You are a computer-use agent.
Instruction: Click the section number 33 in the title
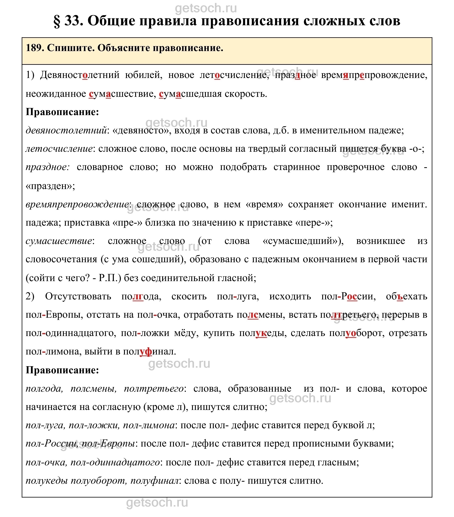click(x=74, y=21)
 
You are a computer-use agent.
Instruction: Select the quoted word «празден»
click(x=50, y=186)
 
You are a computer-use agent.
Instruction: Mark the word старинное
click(x=297, y=167)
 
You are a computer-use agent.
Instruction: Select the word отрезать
click(x=408, y=333)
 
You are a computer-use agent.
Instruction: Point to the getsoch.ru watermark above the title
click(x=206, y=9)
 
